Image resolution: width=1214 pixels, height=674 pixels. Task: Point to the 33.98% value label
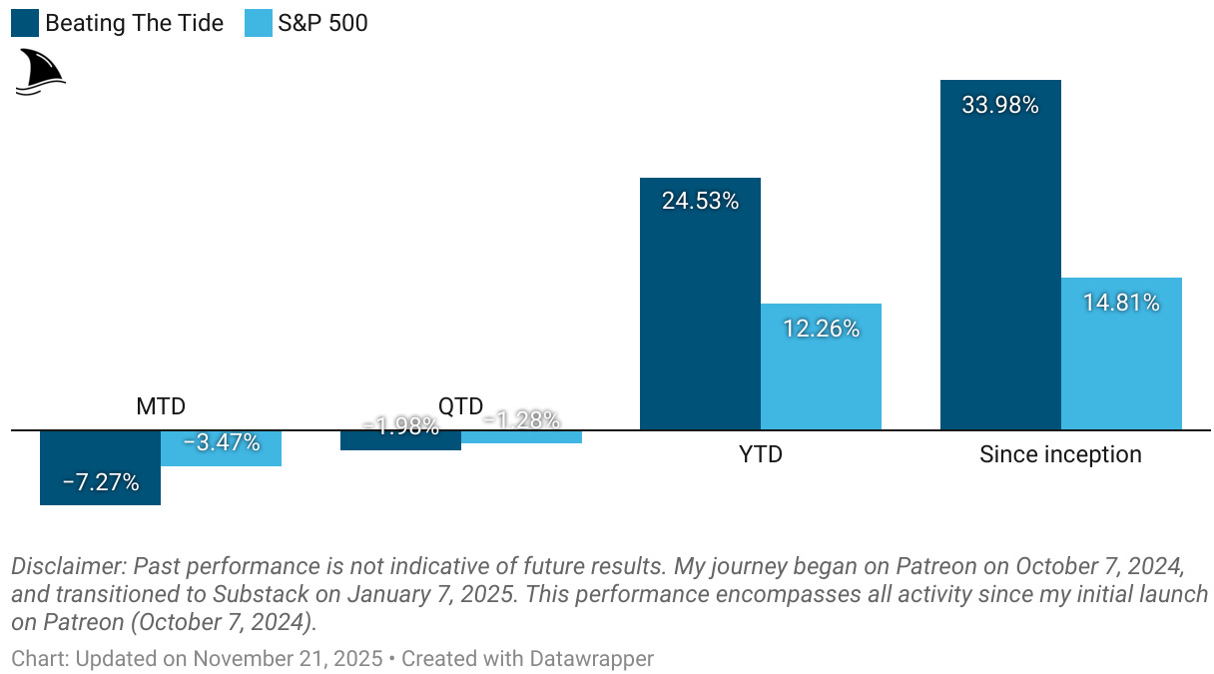[x=1000, y=105]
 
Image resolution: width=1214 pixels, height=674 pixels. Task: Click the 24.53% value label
[x=700, y=201]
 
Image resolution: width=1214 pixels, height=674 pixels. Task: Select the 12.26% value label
[x=821, y=328]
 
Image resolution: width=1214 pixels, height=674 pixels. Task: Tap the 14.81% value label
[x=1121, y=303]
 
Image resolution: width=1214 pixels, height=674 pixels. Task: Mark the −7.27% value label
[x=100, y=483]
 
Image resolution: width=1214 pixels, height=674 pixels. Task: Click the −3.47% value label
[x=222, y=442]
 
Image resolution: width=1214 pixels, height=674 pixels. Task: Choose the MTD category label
[x=161, y=406]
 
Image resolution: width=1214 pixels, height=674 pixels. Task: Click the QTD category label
[x=460, y=405]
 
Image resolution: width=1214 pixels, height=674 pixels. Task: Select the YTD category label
[x=760, y=454]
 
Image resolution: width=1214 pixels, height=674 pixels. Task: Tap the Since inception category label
[x=1060, y=454]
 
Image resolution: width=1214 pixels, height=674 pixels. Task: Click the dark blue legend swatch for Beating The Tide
[x=25, y=23]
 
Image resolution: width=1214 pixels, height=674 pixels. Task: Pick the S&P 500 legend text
[x=322, y=23]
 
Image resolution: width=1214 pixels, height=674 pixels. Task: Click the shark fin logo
[x=39, y=72]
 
